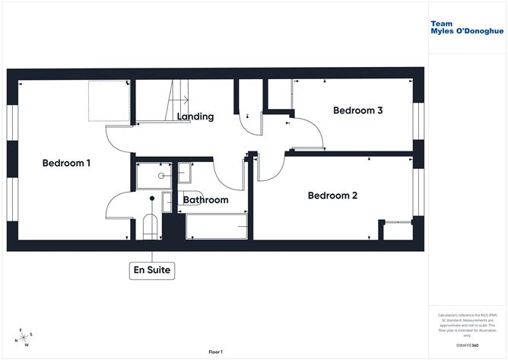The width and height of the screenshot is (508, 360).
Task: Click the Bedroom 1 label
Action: pyautogui.click(x=66, y=163)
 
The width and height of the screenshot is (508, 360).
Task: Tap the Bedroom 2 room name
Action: pyautogui.click(x=332, y=196)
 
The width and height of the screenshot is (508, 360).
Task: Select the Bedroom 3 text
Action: pyautogui.click(x=357, y=110)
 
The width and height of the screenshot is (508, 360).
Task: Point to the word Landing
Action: pyautogui.click(x=195, y=116)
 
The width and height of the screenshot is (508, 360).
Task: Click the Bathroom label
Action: pyautogui.click(x=205, y=200)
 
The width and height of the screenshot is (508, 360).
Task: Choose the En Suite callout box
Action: pyautogui.click(x=152, y=269)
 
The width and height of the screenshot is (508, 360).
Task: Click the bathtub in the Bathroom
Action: pyautogui.click(x=217, y=226)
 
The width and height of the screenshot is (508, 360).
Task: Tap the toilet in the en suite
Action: pyautogui.click(x=150, y=226)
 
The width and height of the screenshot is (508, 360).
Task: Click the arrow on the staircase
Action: pyautogui.click(x=180, y=100)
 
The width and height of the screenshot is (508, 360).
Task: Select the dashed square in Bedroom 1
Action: pyautogui.click(x=106, y=100)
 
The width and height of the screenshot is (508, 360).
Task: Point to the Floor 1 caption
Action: pyautogui.click(x=218, y=352)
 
